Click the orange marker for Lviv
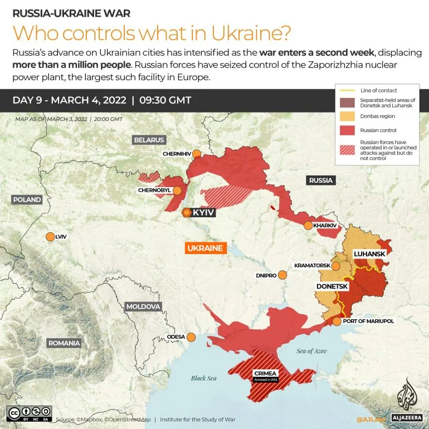[51, 237]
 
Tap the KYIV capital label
[203, 212]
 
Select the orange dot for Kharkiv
[308, 226]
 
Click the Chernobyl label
[154, 191]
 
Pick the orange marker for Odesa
[191, 337]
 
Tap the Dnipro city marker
[282, 275]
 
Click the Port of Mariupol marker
[337, 321]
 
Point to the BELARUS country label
[149, 139]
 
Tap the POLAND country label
[27, 199]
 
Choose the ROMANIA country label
[64, 343]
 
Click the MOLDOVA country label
[143, 306]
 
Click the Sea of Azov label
[311, 350]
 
